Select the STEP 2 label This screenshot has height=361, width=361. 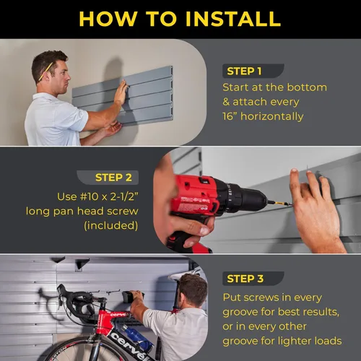(x=114, y=178)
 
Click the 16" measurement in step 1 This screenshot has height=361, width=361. (x=236, y=116)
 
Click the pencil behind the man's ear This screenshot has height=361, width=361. (x=48, y=70)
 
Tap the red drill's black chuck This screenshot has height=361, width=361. (x=252, y=199)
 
